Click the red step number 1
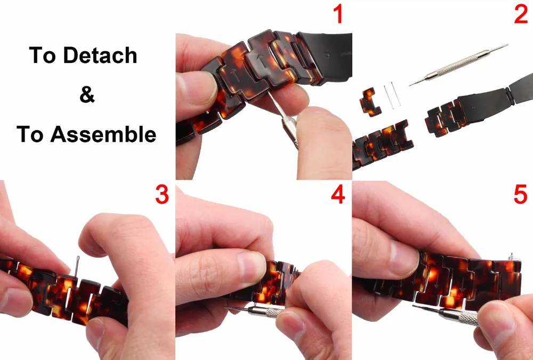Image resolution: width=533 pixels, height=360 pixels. pos(338,14)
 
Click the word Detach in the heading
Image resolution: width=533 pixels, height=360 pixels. pos(100,55)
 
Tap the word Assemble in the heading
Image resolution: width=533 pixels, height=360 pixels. pos(103,134)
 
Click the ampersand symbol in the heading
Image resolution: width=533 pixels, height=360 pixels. pos(87,94)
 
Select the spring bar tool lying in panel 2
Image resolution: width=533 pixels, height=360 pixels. pos(458,65)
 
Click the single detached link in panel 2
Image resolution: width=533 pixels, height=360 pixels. pos(370,102)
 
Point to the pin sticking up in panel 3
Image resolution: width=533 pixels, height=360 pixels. pos(77,267)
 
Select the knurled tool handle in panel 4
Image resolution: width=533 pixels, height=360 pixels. pos(266,311)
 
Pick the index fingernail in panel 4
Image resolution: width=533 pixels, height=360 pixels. pos(252,263)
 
